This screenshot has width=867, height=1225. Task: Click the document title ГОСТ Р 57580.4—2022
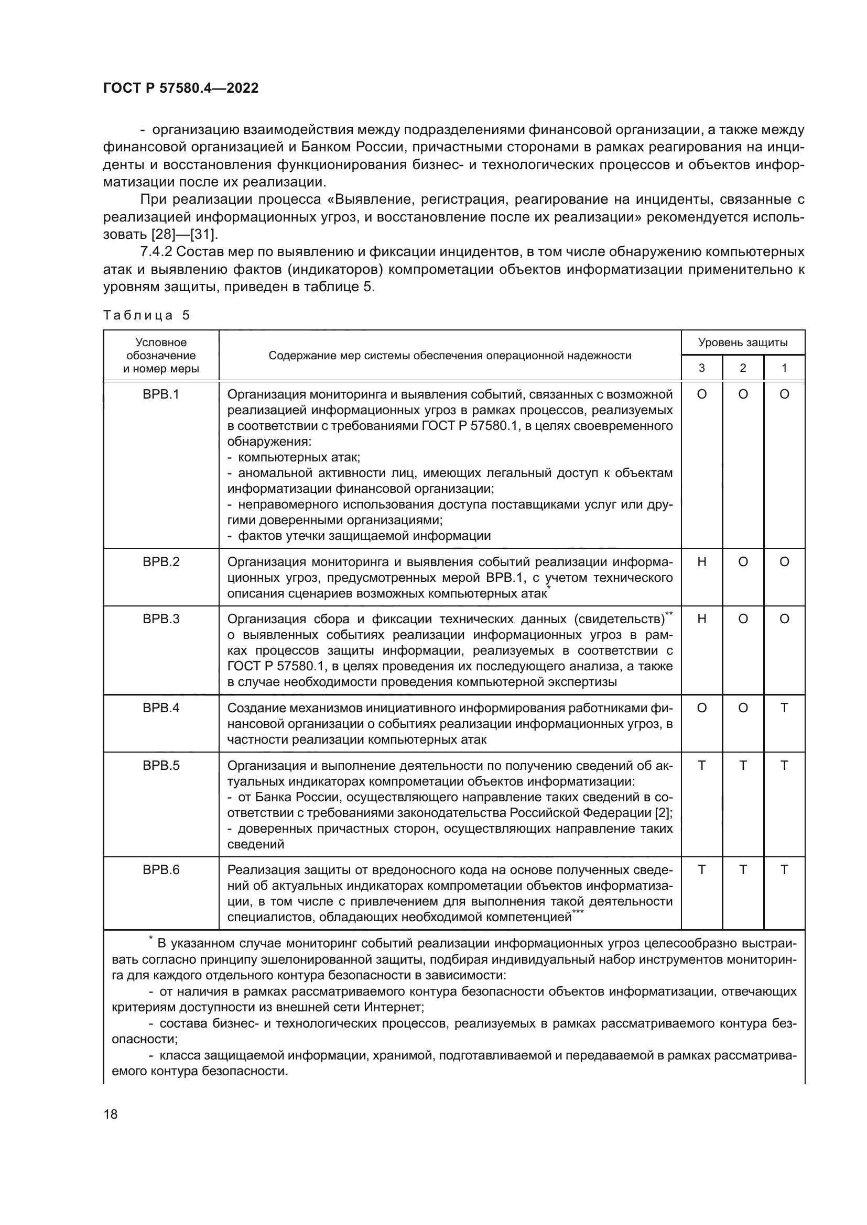coord(180,88)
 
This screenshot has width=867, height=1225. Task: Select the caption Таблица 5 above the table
coord(146,315)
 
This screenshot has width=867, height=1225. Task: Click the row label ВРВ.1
coord(161,394)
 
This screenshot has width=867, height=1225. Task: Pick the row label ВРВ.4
coord(161,708)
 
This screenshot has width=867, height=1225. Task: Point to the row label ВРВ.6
coord(161,870)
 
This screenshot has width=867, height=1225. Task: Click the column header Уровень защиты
coord(743,343)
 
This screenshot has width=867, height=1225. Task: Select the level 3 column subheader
coord(701,368)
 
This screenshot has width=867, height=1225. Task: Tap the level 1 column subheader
coord(784,368)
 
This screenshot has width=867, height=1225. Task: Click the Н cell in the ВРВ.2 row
coord(701,562)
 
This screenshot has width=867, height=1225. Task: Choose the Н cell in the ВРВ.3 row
coord(701,619)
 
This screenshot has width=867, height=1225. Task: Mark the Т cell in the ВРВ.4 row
coord(784,708)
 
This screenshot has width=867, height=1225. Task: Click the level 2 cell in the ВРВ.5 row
coord(743,766)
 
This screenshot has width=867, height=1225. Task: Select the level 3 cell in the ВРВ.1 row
coord(701,394)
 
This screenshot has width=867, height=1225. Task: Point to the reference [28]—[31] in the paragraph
coord(185,234)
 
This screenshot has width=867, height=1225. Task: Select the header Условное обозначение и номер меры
coord(161,355)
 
